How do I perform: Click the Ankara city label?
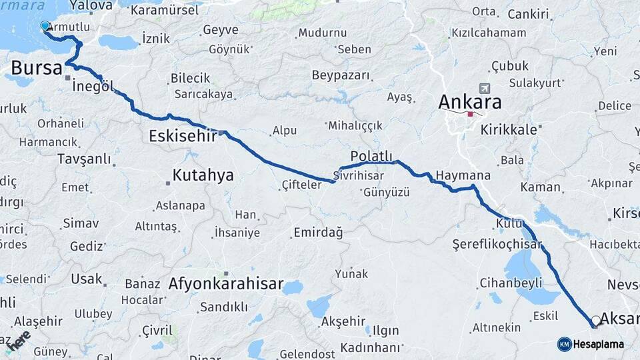coord(469,103)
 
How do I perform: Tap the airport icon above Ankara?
coord(484,88)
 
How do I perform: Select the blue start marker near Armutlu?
coord(45,26)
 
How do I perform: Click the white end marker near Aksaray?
coord(595,321)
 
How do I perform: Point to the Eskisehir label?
coord(183,137)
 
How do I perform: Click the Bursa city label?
coord(37,67)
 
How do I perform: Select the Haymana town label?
coord(463,175)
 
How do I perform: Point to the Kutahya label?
coord(203,175)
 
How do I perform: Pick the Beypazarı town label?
coord(340,75)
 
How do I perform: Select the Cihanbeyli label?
coord(512,283)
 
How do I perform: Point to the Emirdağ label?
coord(317,232)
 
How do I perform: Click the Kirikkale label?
coord(508,130)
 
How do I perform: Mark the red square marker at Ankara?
coord(470,114)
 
